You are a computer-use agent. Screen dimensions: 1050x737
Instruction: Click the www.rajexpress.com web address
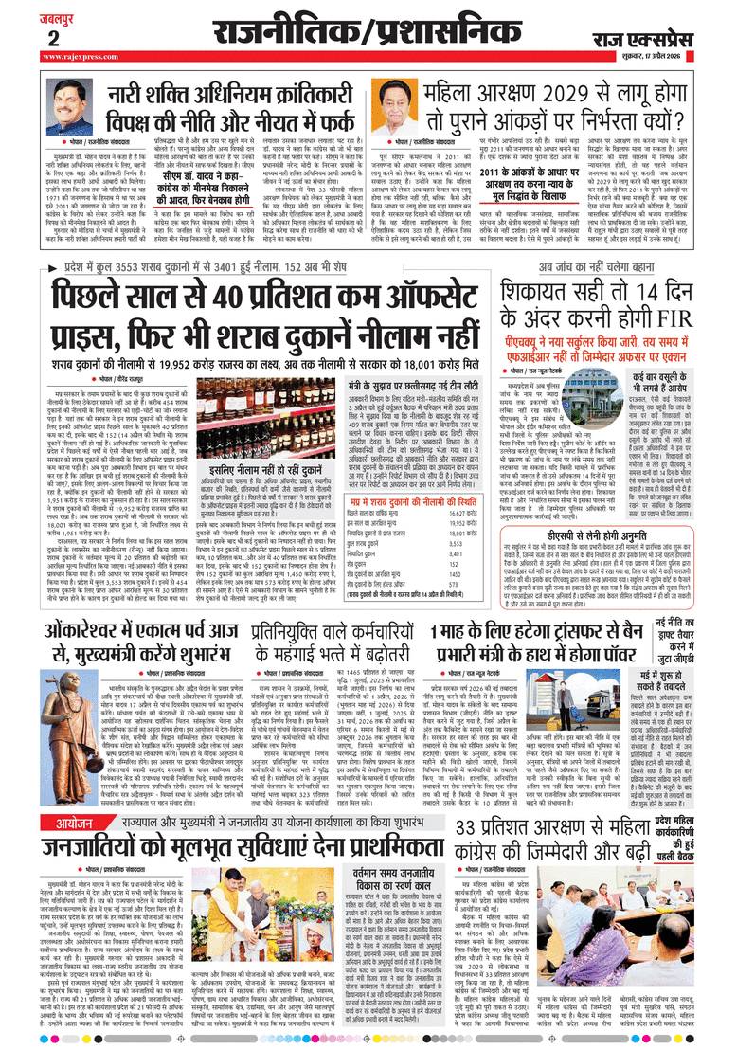78,57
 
